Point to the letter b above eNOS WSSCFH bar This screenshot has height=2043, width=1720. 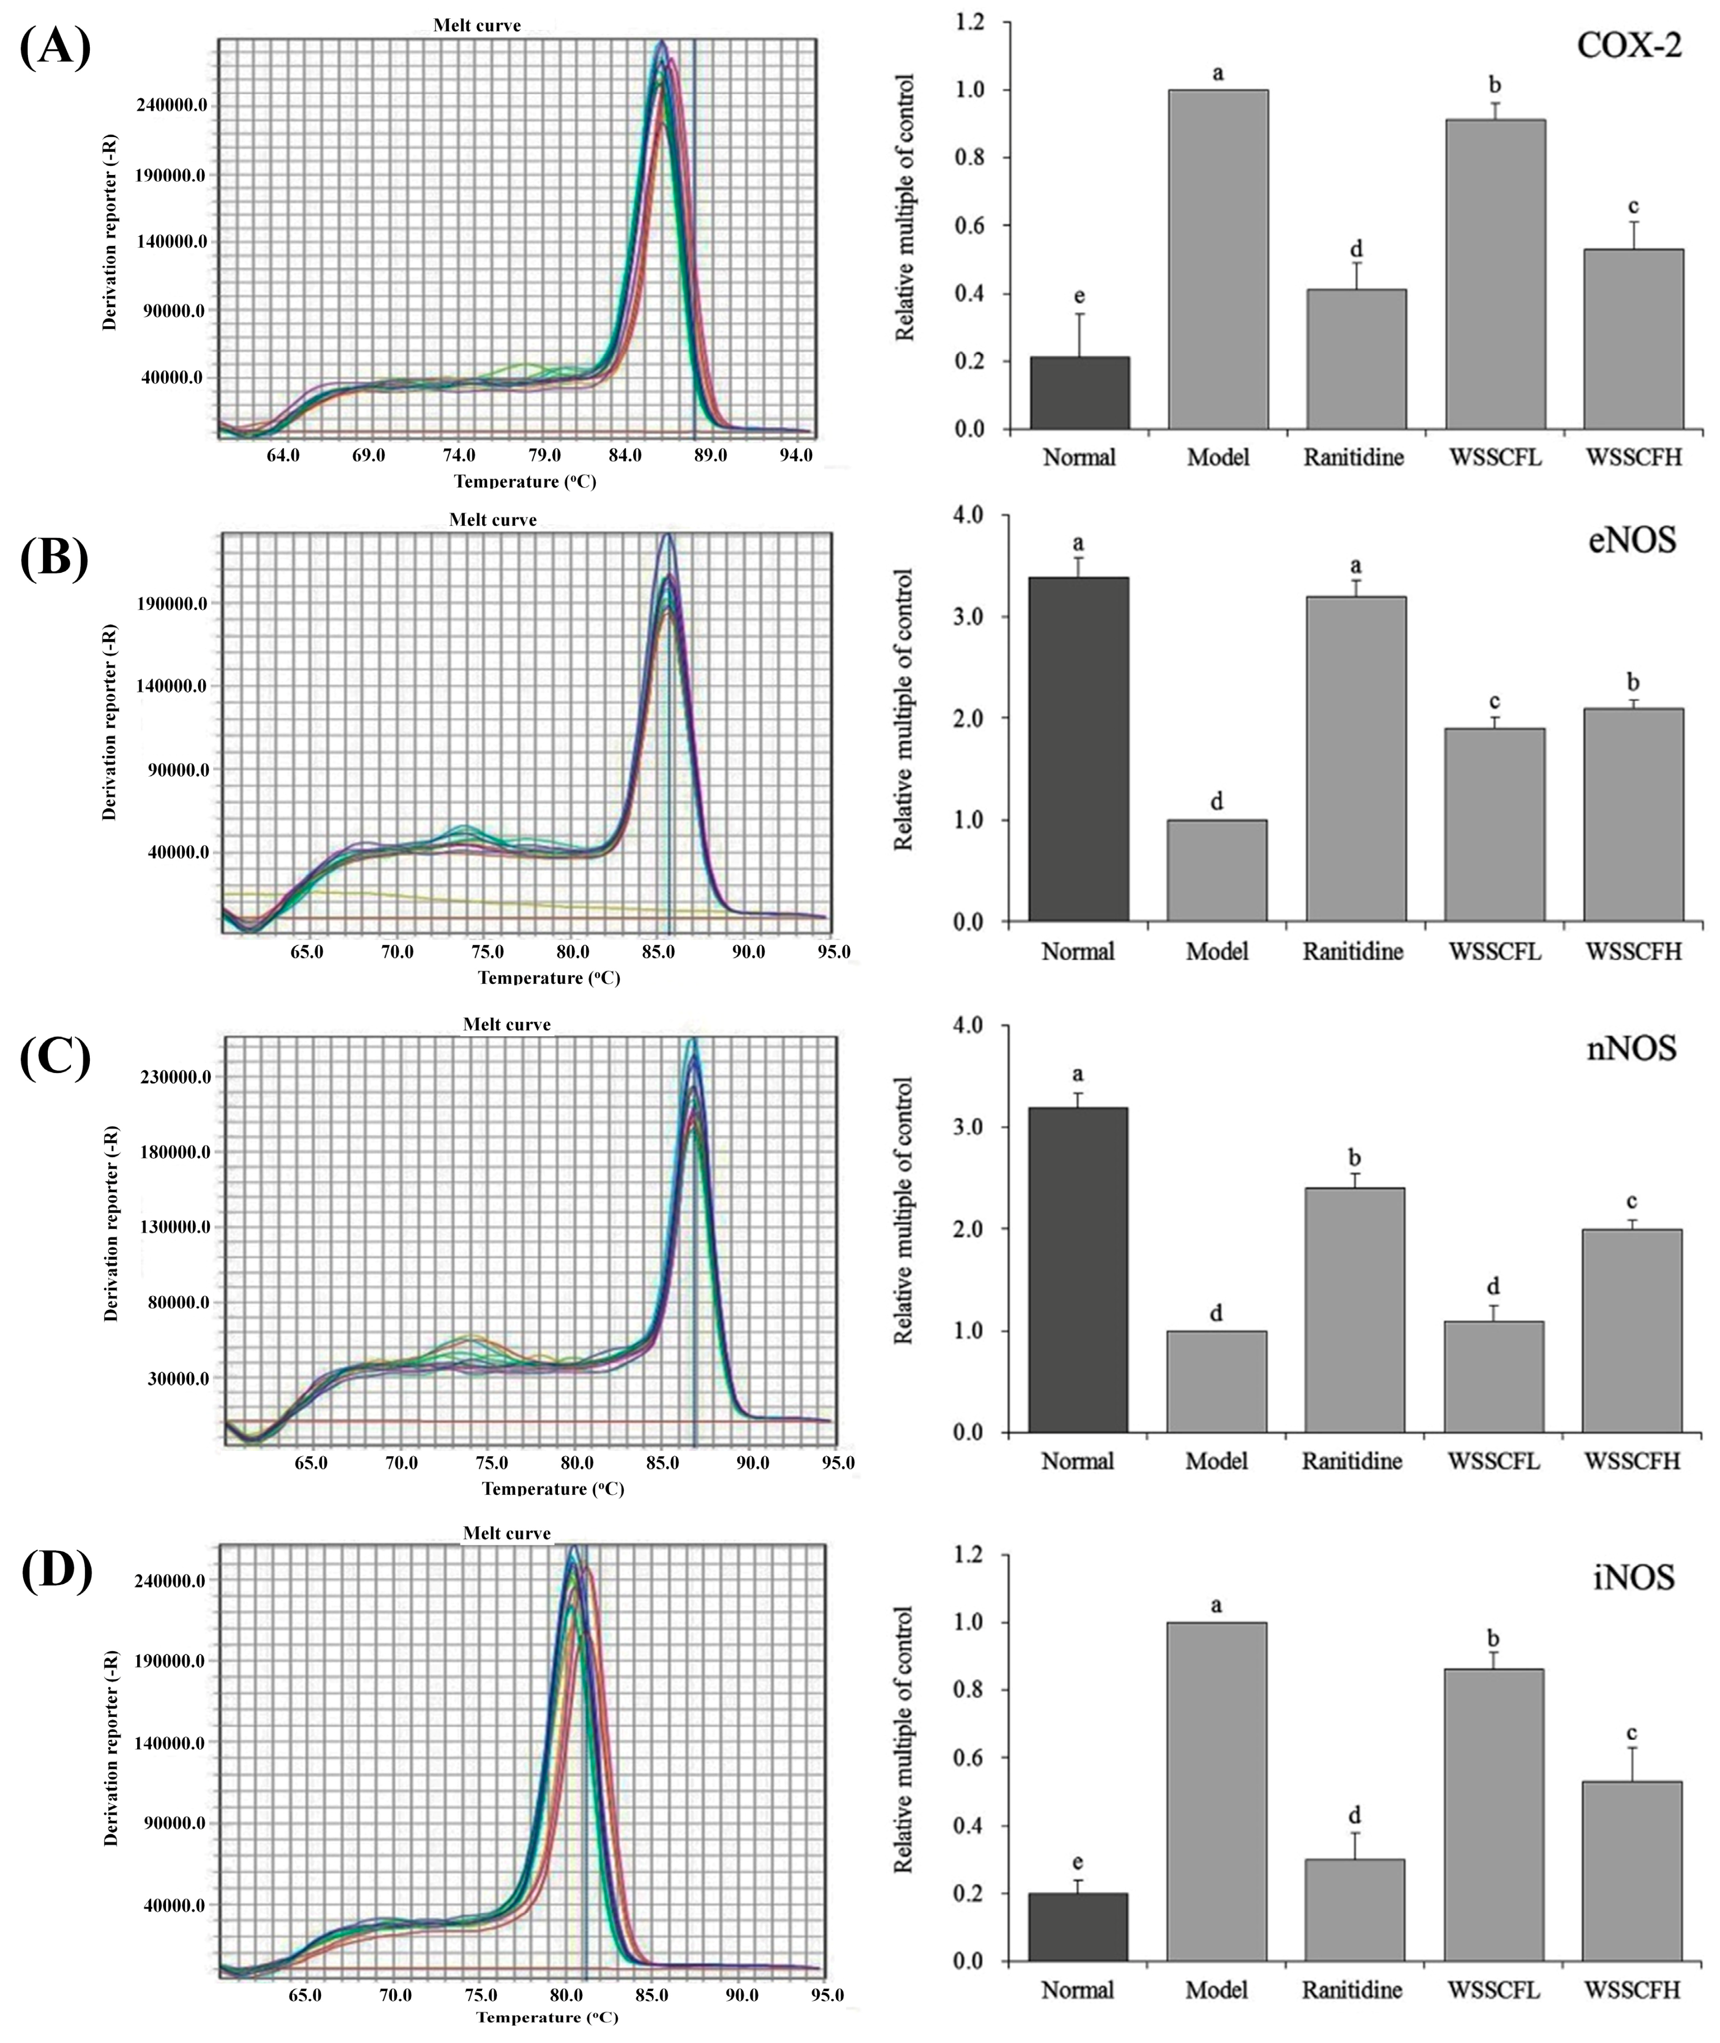point(1633,682)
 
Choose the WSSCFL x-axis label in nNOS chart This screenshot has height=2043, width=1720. point(1494,1461)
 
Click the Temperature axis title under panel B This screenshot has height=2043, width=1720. point(549,977)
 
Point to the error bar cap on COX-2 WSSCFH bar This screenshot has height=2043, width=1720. point(1633,222)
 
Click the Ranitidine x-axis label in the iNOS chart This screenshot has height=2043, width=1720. point(1353,1989)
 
